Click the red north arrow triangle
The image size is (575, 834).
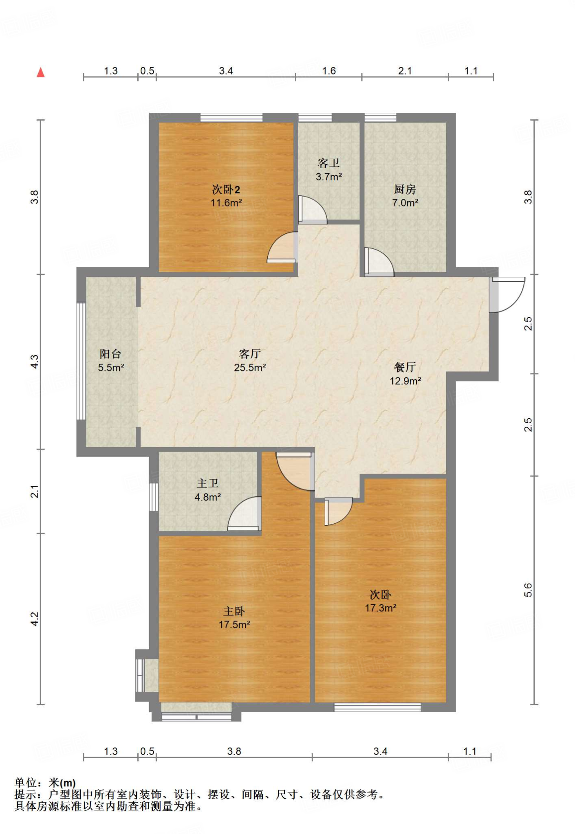40,72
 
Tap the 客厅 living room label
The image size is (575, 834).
250,353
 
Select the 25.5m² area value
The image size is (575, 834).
250,367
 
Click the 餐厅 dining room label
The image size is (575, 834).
405,367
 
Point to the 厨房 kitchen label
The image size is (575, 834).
405,189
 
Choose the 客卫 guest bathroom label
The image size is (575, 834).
328,163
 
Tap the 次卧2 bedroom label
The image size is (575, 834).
226,189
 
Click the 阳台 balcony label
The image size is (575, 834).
110,353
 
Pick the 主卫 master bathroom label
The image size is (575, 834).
208,483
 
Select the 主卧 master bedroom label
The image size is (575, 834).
234,611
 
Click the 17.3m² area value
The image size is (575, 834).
381,608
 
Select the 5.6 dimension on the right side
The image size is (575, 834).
528,590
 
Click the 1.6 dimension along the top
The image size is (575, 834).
329,71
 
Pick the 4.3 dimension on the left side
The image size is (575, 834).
35,362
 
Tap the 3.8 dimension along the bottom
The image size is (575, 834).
234,751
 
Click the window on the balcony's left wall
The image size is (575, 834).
81,361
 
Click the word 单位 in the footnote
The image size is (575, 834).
26,783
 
